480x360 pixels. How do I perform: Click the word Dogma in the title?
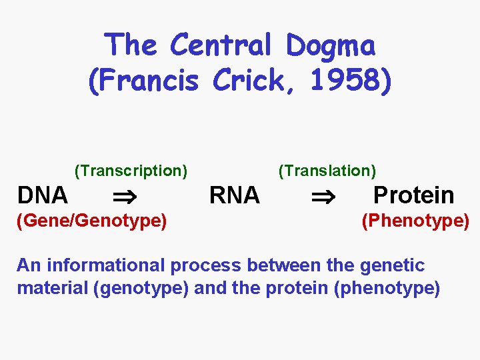(x=331, y=46)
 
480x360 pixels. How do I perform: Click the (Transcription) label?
(x=131, y=171)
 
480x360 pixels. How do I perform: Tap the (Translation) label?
(x=327, y=171)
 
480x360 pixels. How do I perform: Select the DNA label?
(x=43, y=195)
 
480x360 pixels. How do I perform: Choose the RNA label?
(x=234, y=195)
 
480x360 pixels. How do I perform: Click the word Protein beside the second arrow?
(x=413, y=195)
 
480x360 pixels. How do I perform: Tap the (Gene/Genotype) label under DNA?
(x=92, y=220)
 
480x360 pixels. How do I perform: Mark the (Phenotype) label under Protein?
(x=415, y=220)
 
